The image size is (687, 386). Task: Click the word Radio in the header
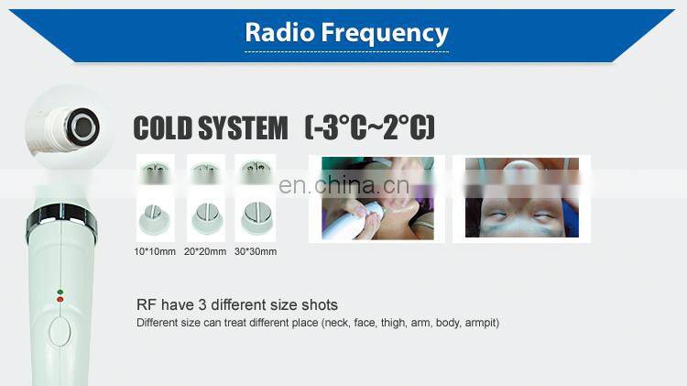[280, 33]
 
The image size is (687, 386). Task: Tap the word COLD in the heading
[165, 127]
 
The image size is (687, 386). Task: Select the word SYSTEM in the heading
[244, 127]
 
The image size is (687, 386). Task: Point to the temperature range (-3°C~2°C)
[369, 127]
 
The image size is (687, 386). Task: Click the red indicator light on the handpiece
[60, 298]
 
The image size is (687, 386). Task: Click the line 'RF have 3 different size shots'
[237, 304]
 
